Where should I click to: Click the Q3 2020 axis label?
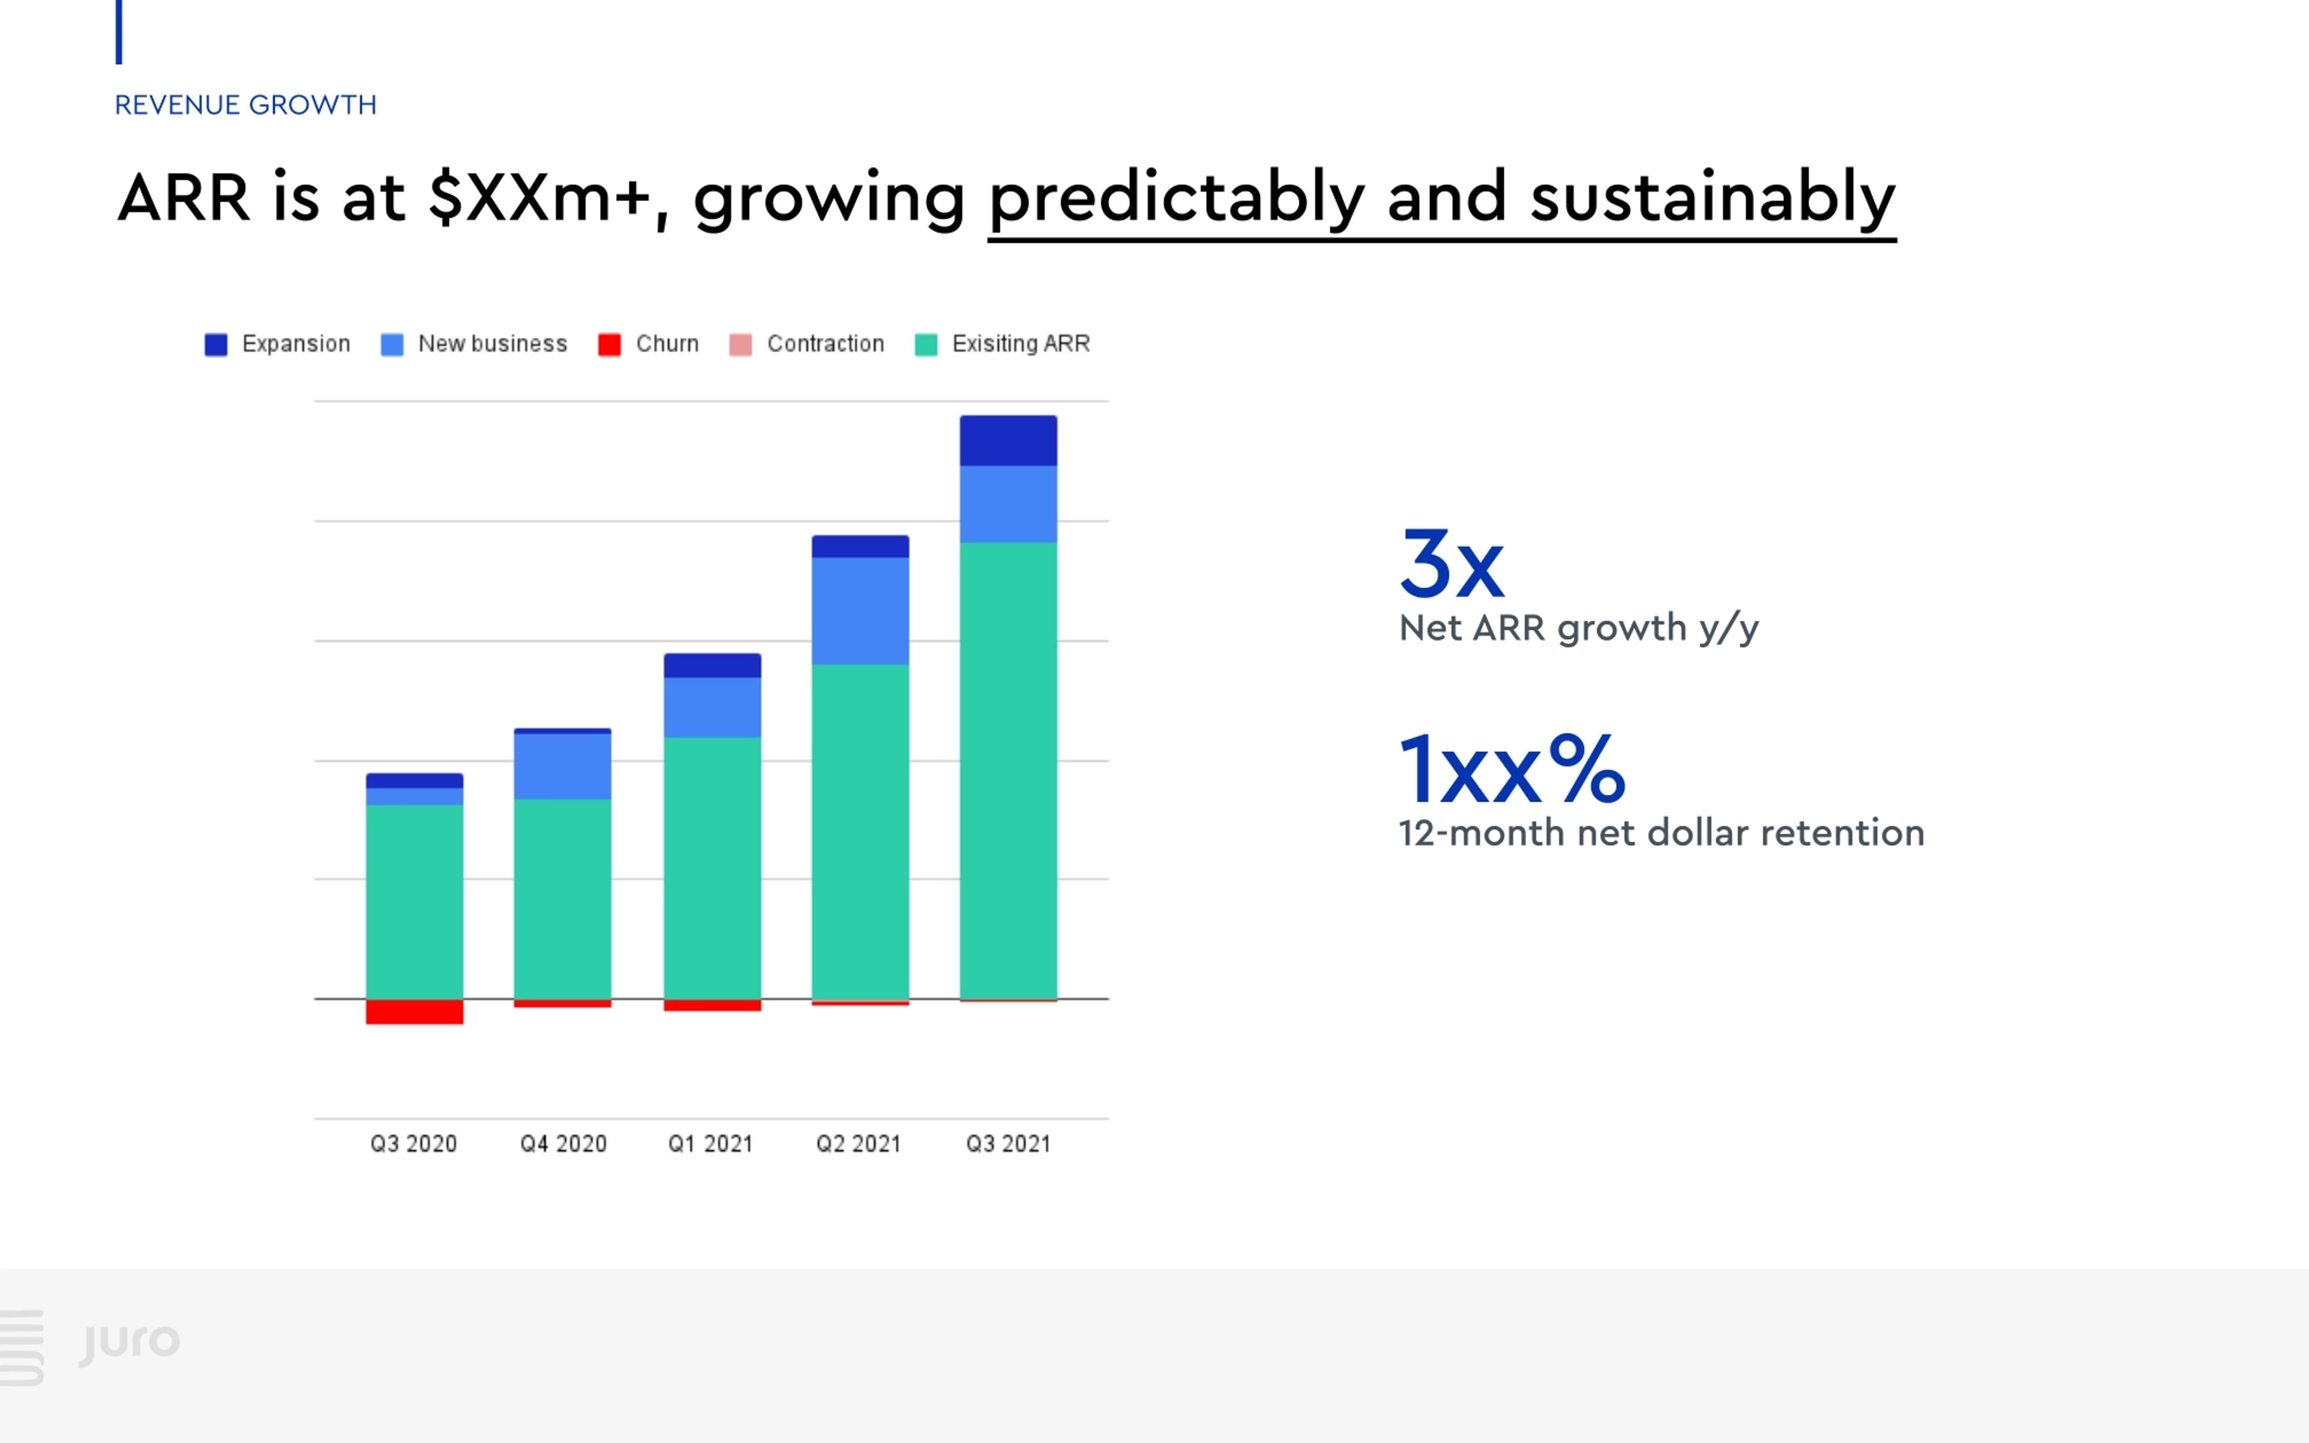414,1144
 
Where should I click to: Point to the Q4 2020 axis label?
563,1144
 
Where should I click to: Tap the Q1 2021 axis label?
711,1144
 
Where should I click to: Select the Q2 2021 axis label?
859,1144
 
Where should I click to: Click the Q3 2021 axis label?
1008,1144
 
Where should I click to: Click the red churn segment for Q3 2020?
414,1012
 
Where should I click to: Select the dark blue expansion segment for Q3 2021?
1008,441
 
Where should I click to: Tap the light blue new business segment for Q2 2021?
860,611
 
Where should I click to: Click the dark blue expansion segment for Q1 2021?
712,665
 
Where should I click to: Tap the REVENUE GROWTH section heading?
246,105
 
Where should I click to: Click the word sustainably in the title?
1713,198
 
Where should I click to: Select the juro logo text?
130,1342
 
